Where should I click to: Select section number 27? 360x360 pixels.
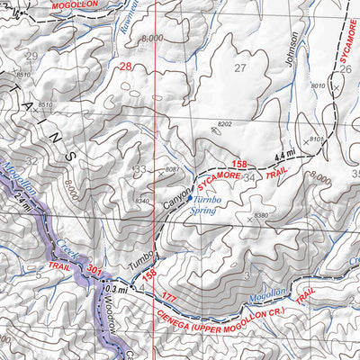(239, 68)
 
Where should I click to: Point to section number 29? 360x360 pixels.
(32, 57)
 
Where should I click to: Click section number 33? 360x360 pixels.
(139, 169)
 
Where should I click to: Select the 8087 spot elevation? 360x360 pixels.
(174, 169)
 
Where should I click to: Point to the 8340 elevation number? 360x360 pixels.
(140, 201)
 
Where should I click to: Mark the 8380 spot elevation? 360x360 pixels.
(262, 216)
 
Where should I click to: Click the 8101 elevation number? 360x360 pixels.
(317, 139)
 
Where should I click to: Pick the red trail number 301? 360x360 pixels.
(96, 269)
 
